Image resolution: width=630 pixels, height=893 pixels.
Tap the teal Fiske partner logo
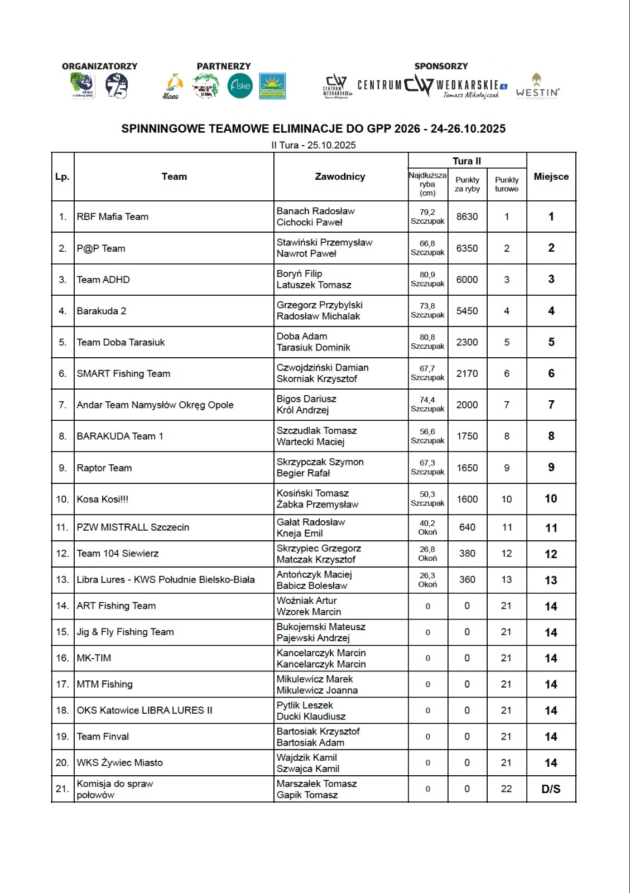[240, 86]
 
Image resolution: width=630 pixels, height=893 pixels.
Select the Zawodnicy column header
[340, 176]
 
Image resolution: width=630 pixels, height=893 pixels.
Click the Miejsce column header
[551, 176]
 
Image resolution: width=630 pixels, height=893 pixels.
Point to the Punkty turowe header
[506, 184]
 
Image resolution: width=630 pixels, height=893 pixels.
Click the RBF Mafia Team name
[113, 217]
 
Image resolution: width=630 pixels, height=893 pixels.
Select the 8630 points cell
[467, 217]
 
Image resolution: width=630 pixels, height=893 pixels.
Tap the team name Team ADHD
[103, 280]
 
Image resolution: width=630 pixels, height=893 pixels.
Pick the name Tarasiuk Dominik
[313, 348]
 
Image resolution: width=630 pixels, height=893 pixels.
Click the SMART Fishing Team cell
[123, 373]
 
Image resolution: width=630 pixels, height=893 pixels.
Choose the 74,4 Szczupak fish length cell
[427, 404]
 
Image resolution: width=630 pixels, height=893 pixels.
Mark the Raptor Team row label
[104, 468]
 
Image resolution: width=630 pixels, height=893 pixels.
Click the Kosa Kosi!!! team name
[103, 499]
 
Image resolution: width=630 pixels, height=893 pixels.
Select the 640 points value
[467, 527]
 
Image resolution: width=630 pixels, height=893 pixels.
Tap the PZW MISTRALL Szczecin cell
[133, 527]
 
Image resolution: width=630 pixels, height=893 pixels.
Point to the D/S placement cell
[551, 789]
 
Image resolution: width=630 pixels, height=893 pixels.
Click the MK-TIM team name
[94, 658]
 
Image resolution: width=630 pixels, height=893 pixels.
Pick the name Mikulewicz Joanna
[317, 690]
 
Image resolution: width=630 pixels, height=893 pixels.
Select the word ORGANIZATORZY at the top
[99, 66]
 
